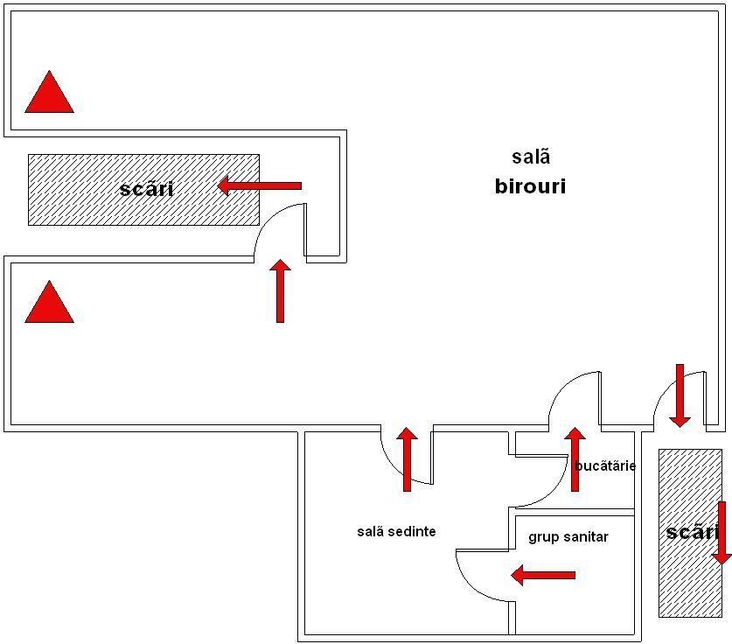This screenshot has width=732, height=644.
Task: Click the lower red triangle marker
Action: click(x=49, y=304)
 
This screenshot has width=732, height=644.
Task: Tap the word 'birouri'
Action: click(x=530, y=186)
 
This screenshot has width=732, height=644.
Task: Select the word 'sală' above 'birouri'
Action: click(x=531, y=157)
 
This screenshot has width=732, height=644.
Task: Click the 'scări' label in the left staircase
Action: click(x=146, y=189)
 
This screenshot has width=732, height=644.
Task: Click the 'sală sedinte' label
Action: click(x=396, y=531)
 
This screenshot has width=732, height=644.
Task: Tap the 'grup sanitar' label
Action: click(x=568, y=536)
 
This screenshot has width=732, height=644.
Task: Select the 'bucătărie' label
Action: click(x=605, y=465)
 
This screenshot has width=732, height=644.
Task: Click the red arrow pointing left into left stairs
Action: click(x=260, y=185)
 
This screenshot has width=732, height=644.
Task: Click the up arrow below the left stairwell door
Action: click(x=280, y=291)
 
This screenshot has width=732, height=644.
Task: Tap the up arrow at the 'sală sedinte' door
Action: click(x=407, y=459)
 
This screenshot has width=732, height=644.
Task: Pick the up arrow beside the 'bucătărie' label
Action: click(x=575, y=459)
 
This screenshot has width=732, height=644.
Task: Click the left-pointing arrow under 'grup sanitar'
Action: click(x=543, y=575)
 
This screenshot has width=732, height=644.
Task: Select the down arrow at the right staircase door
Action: click(x=680, y=395)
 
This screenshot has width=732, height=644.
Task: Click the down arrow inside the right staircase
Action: click(x=722, y=533)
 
